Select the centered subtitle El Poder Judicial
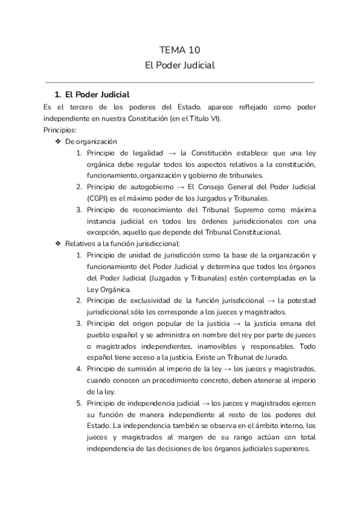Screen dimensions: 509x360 [x=180, y=65]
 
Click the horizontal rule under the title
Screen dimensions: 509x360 [x=180, y=82]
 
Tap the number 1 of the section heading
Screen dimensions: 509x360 [x=57, y=95]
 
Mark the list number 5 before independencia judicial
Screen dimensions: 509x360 [x=79, y=402]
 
